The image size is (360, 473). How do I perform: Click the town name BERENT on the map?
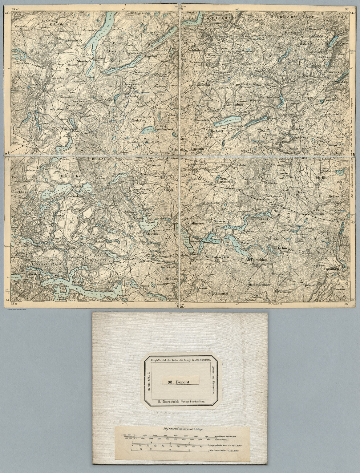click(99, 159)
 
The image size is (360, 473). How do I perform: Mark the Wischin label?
click(320, 178)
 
